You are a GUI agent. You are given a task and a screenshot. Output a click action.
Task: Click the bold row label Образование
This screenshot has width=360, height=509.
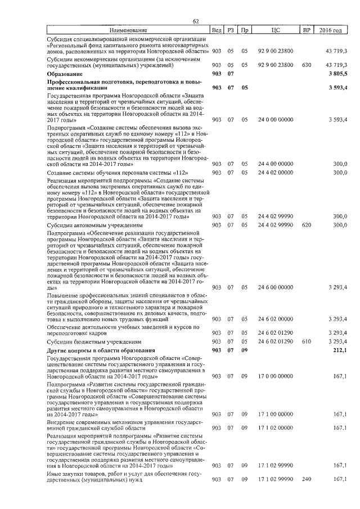(65, 74)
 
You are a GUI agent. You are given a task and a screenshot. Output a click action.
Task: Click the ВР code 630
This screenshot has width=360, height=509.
(307, 65)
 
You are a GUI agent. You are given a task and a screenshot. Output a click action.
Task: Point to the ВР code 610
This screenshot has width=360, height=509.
(307, 342)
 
